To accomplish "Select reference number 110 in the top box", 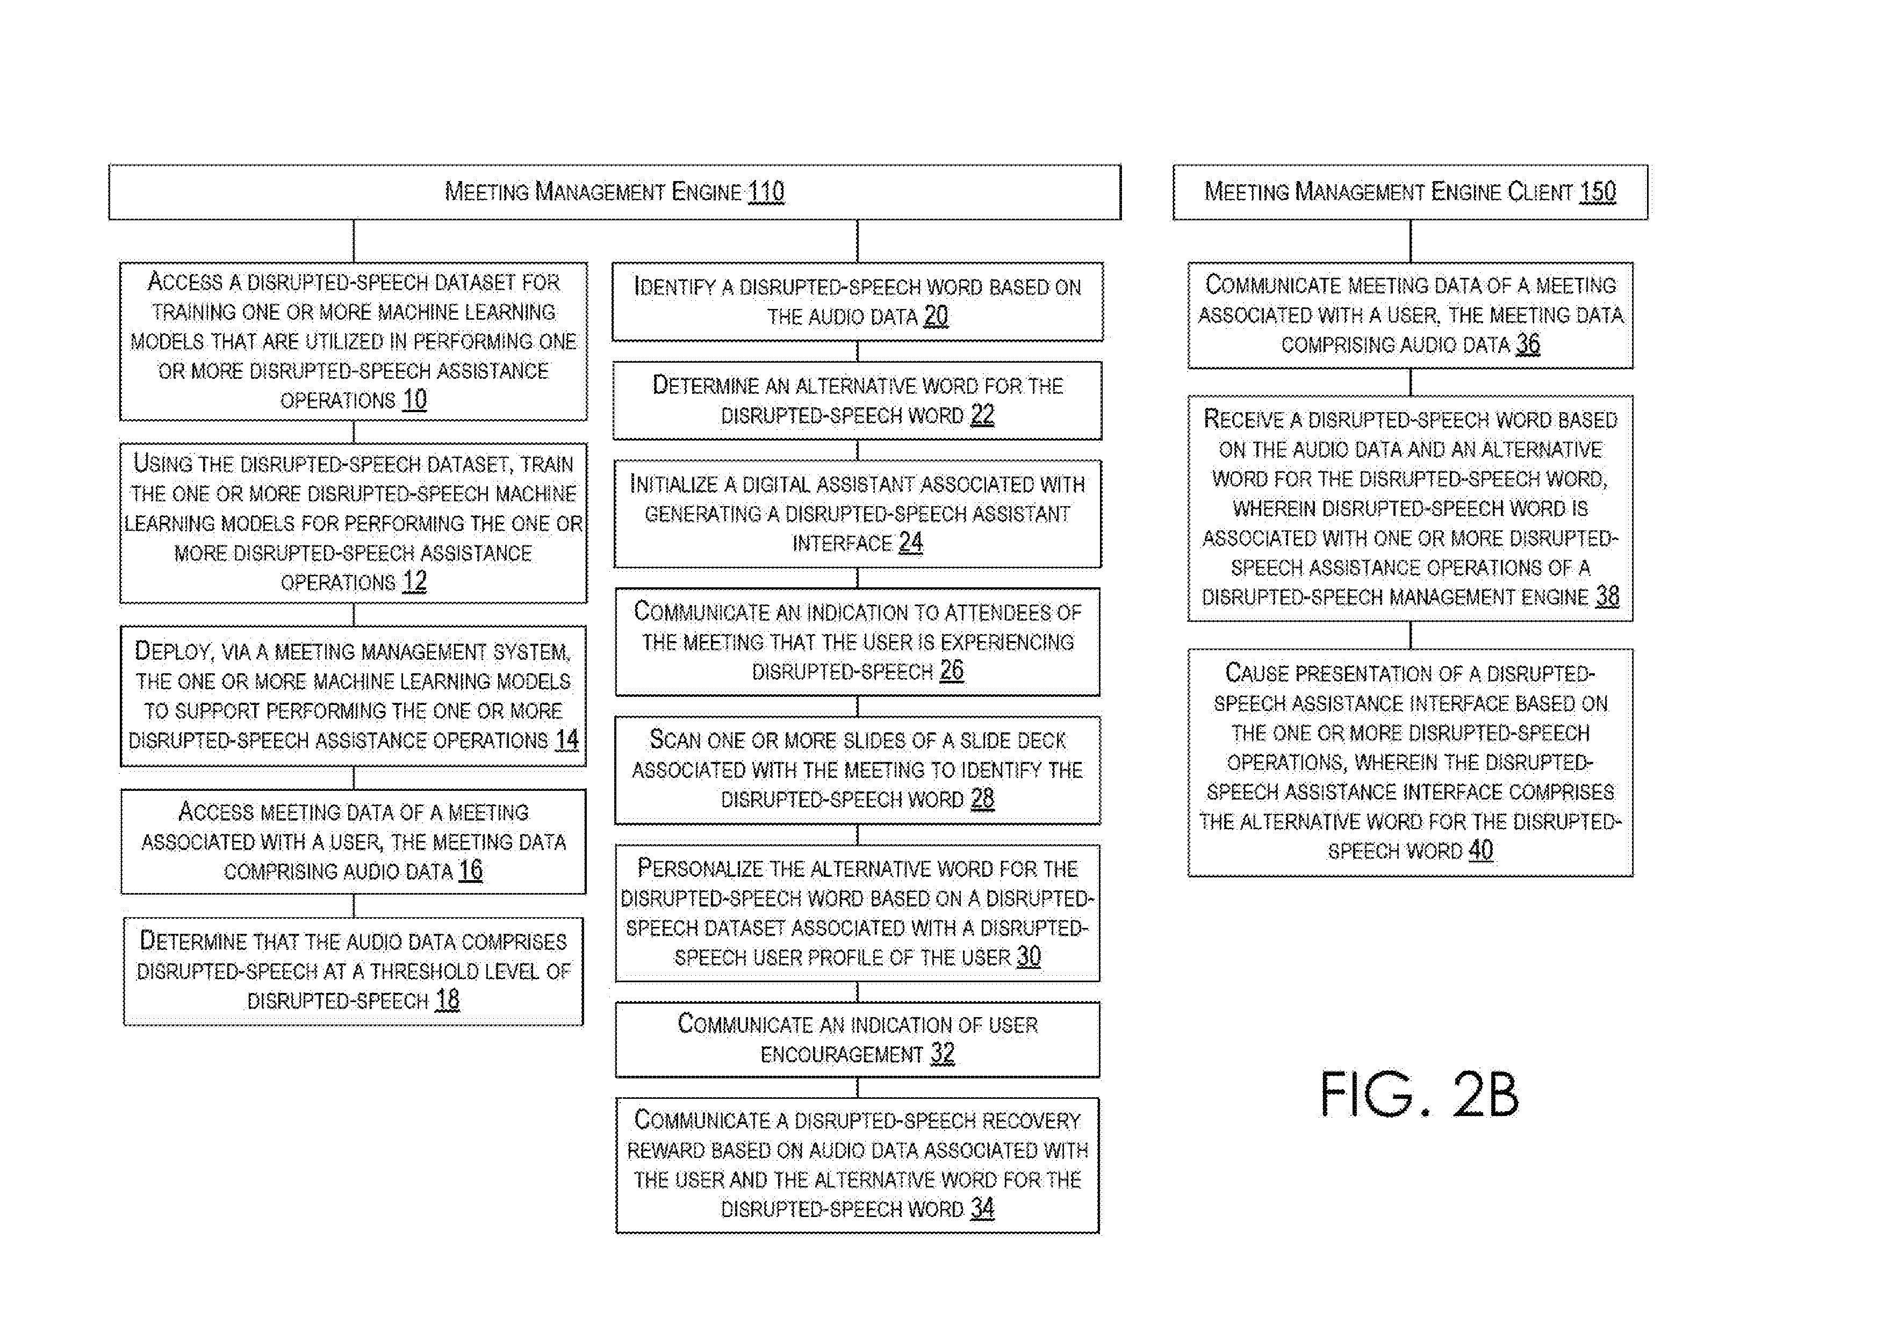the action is pos(766,191).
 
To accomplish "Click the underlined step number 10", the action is pos(414,400).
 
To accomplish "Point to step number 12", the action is pos(414,582).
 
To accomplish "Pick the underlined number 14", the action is pos(566,740).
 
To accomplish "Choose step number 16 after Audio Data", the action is pos(470,871).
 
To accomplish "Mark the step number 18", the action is pos(447,1000).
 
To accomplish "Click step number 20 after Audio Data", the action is pos(936,316).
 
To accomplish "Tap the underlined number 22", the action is pos(982,414).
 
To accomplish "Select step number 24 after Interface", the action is pos(911,543).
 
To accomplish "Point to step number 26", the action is pos(952,671).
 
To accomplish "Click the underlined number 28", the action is pos(982,798).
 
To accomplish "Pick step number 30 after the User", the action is pos(1029,957).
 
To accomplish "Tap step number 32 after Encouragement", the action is pos(943,1053).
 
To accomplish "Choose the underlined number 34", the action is pos(982,1208).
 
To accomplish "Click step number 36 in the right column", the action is pos(1528,344).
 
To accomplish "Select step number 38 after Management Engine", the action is pos(1607,596).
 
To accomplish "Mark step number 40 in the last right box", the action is pos(1481,850).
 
